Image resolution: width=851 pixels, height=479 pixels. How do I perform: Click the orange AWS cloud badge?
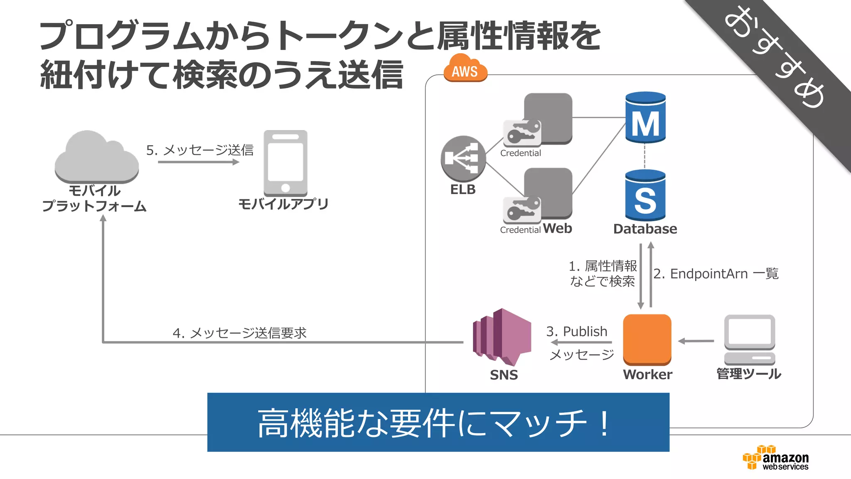click(465, 69)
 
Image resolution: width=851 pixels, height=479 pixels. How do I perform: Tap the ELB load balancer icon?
click(463, 158)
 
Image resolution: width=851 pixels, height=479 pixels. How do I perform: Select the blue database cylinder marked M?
click(645, 118)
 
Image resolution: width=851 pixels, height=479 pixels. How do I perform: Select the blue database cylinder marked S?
click(645, 195)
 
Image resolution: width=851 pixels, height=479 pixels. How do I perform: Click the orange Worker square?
click(647, 339)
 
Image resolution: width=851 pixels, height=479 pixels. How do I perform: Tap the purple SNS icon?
click(502, 337)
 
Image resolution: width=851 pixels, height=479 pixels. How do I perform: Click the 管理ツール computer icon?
click(749, 339)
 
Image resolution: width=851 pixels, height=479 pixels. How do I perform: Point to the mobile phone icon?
click(285, 163)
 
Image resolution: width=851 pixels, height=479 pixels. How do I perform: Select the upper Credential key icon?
click(522, 133)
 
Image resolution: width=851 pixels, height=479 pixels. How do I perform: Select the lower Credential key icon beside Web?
click(522, 210)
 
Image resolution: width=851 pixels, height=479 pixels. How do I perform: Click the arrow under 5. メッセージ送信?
click(199, 162)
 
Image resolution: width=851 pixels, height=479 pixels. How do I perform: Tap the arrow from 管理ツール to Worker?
click(696, 341)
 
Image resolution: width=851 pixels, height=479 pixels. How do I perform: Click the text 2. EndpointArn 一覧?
click(716, 274)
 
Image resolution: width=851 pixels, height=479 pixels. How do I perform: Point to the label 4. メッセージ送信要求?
click(239, 333)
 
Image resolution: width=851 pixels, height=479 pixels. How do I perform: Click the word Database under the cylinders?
click(645, 229)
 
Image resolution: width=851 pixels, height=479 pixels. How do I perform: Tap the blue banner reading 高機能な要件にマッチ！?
click(438, 422)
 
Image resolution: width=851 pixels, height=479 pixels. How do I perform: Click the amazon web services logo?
click(775, 458)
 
